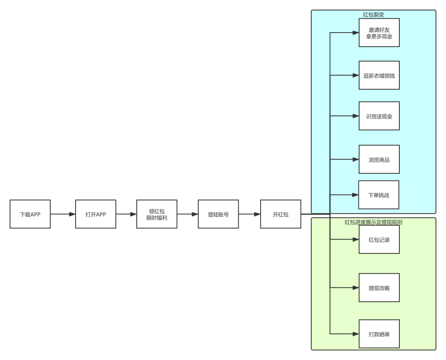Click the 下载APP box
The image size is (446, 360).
pyautogui.click(x=30, y=214)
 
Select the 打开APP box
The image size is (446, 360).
pyautogui.click(x=95, y=214)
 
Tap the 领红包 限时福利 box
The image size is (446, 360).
pyautogui.click(x=157, y=214)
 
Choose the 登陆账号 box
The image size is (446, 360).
pyautogui.click(x=218, y=214)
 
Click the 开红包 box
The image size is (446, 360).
pyautogui.click(x=280, y=214)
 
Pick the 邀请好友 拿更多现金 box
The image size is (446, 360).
pyautogui.click(x=379, y=33)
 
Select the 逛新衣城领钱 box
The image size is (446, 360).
pyautogui.click(x=379, y=75)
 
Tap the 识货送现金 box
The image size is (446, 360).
pyautogui.click(x=379, y=116)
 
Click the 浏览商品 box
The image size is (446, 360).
pyautogui.click(x=379, y=159)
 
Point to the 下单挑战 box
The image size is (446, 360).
pyautogui.click(x=379, y=195)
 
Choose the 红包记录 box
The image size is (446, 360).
pyautogui.click(x=379, y=239)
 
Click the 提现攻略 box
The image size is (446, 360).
pyautogui.click(x=379, y=288)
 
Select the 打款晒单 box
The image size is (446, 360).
pyautogui.click(x=379, y=334)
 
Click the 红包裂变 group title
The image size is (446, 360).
pyautogui.click(x=373, y=14)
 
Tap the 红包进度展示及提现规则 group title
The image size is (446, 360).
pyautogui.click(x=373, y=222)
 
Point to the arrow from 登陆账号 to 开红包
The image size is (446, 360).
pyautogui.click(x=249, y=214)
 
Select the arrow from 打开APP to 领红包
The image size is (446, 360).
pyautogui.click(x=126, y=214)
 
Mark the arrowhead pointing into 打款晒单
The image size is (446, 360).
pyautogui.click(x=356, y=334)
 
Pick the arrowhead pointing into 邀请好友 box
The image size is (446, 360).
pyautogui.click(x=356, y=33)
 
